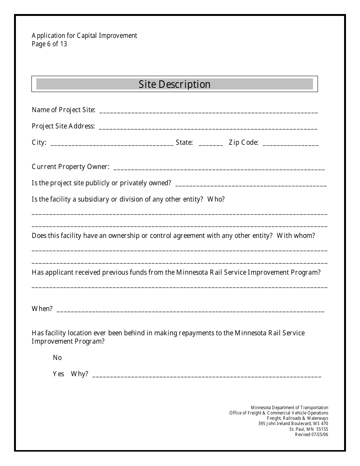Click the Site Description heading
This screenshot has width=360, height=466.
(x=174, y=84)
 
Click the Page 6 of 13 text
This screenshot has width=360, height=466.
(x=49, y=44)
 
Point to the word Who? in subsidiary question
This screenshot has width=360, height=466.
(x=216, y=199)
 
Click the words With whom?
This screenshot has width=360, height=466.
(x=296, y=236)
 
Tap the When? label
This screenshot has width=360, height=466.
(x=42, y=309)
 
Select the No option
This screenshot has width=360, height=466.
(x=57, y=358)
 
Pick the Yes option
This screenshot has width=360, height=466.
(x=58, y=374)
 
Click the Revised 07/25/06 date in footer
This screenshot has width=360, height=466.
(x=311, y=435)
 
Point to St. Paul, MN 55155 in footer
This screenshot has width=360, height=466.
(x=309, y=429)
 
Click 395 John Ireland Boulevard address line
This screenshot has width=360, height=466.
(x=293, y=424)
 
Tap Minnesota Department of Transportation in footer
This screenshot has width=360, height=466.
(x=290, y=408)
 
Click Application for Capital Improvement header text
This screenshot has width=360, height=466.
(x=85, y=36)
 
